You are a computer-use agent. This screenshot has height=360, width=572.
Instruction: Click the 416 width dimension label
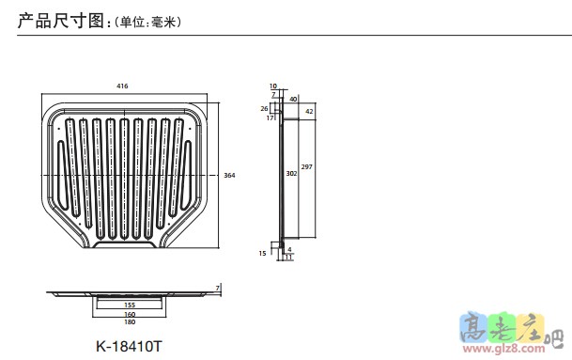tap(122, 86)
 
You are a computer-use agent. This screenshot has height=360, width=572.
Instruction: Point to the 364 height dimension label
tap(229, 175)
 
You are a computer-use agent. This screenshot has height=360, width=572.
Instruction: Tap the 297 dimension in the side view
tap(307, 166)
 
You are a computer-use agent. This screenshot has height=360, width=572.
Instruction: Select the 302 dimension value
tap(291, 174)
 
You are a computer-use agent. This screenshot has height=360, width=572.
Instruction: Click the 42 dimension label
tap(309, 111)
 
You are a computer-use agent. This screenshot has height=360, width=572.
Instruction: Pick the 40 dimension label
tap(293, 99)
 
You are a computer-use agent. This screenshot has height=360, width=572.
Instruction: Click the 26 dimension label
tap(265, 108)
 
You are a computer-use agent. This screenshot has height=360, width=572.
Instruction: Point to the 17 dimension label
tap(270, 117)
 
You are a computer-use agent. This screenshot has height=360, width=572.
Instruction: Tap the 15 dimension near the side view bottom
tap(263, 253)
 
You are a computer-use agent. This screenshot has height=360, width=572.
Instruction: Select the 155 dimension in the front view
tap(130, 305)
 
